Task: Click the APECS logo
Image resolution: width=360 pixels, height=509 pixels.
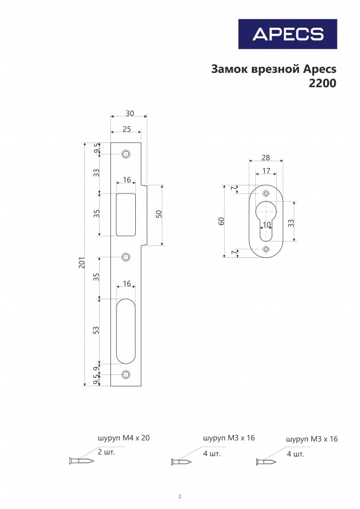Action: tap(288, 34)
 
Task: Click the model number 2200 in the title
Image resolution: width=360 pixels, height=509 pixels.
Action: tap(322, 84)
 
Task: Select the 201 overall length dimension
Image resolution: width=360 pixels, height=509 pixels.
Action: tap(82, 262)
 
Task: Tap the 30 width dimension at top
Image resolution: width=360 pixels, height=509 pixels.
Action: tap(130, 113)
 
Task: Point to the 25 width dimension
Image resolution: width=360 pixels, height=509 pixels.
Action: tap(127, 129)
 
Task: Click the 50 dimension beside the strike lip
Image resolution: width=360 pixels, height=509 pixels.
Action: tap(159, 214)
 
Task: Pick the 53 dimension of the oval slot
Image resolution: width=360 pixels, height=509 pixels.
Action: tap(96, 330)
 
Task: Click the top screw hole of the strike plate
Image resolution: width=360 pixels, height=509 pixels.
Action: tap(126, 153)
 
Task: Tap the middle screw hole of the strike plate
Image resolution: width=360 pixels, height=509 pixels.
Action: tap(126, 257)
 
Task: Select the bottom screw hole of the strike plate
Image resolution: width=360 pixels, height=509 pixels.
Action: tap(126, 374)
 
